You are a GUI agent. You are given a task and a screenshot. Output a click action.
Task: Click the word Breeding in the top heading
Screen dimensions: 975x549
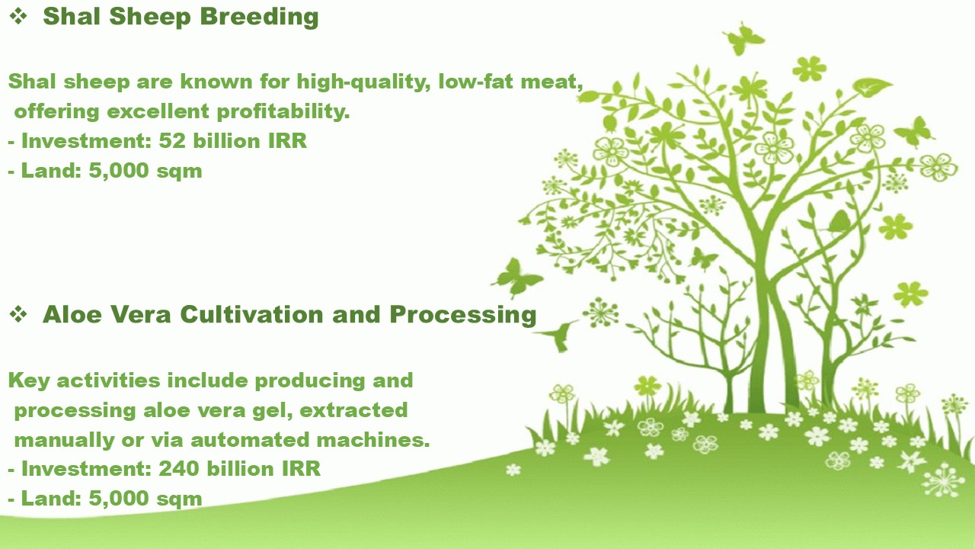click(x=260, y=18)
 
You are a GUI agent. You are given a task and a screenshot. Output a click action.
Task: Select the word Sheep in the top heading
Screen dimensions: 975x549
click(x=150, y=18)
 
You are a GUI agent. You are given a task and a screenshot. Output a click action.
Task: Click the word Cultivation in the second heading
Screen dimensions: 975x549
click(x=251, y=314)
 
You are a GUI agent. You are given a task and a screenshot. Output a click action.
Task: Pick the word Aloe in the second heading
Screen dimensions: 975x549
click(x=72, y=314)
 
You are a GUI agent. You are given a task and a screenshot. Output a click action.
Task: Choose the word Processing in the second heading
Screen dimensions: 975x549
click(x=463, y=316)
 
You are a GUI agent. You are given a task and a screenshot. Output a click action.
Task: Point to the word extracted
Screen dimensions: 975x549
click(x=354, y=410)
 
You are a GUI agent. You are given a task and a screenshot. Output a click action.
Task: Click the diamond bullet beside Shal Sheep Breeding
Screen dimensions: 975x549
click(x=18, y=17)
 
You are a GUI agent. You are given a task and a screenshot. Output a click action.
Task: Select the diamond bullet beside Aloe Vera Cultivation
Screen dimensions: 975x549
click(x=18, y=314)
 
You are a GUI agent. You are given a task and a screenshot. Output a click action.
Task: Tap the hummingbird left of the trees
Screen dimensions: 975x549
click(x=558, y=335)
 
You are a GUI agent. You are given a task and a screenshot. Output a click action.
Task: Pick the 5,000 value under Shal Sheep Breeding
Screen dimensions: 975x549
click(x=119, y=170)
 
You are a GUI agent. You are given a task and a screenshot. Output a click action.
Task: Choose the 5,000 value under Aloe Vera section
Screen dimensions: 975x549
click(x=119, y=499)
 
